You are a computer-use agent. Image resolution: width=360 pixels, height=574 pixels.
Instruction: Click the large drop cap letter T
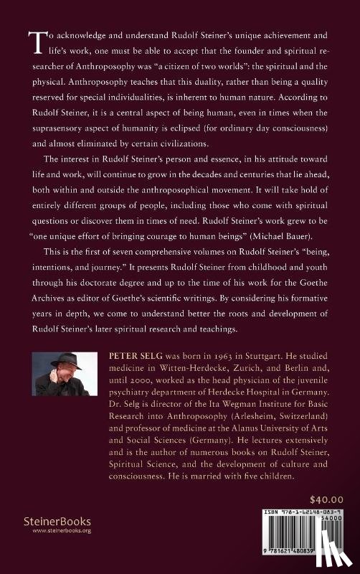[33, 44]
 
